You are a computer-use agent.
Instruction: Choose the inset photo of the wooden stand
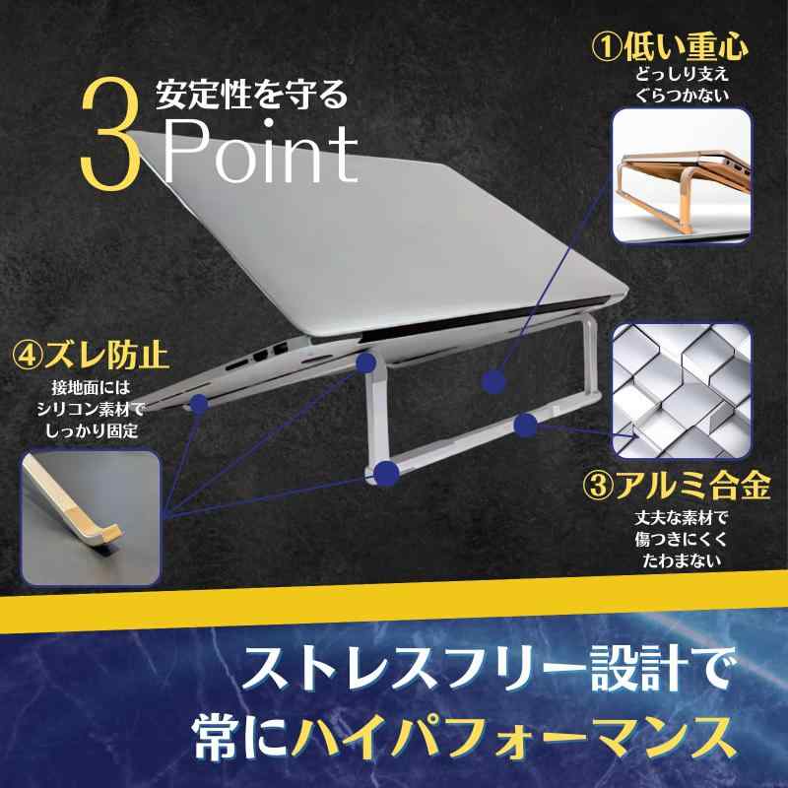[x=682, y=175]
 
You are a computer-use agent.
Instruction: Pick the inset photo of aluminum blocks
[x=682, y=390]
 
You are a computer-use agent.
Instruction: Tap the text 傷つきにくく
[x=679, y=539]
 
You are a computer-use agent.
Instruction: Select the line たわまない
[x=679, y=561]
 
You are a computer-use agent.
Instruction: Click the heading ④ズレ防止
[x=90, y=352]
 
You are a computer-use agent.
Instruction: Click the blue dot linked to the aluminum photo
[x=526, y=426]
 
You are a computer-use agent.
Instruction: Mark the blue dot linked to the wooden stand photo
[x=494, y=377]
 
